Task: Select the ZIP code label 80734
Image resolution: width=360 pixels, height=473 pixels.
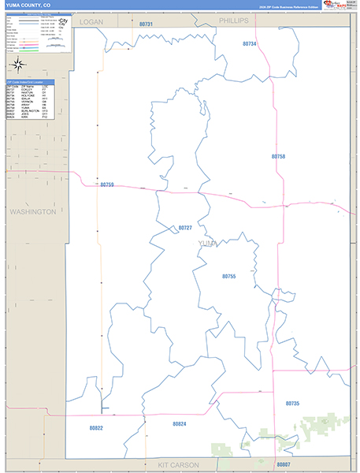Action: click(250, 44)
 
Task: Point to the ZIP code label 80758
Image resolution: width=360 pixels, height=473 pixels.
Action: click(278, 157)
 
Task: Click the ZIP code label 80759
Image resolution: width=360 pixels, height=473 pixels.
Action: click(107, 184)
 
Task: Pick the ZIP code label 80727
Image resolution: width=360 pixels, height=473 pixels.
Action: click(185, 227)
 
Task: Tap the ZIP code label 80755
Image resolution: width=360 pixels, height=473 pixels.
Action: click(228, 276)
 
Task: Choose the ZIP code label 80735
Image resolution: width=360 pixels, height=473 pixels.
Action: click(292, 403)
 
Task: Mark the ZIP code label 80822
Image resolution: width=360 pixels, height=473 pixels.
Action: click(96, 427)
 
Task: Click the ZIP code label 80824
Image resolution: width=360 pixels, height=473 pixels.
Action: click(179, 424)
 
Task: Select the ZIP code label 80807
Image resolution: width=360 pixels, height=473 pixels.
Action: click(284, 464)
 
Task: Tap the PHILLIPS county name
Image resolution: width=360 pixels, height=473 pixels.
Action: click(233, 20)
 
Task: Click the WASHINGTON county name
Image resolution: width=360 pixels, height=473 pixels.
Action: click(32, 212)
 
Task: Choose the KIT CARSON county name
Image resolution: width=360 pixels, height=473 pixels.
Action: click(178, 465)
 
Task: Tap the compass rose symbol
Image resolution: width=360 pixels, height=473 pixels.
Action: click(20, 65)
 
